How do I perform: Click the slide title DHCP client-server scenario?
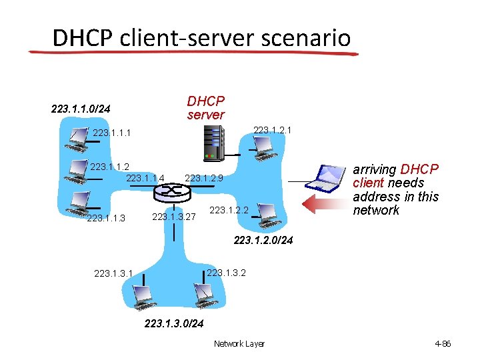click(x=201, y=37)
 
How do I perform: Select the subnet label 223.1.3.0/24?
click(x=174, y=324)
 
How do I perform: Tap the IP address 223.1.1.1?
click(x=112, y=133)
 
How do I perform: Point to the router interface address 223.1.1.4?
click(x=145, y=178)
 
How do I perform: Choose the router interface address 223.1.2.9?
click(x=208, y=178)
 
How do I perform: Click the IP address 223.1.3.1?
click(x=113, y=273)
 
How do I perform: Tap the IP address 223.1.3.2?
click(x=227, y=272)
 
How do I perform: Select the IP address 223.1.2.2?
click(x=229, y=211)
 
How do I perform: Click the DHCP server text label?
click(x=206, y=108)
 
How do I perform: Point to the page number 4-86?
click(x=443, y=344)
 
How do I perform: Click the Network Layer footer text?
click(x=239, y=344)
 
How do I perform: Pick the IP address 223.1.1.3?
click(x=106, y=218)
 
